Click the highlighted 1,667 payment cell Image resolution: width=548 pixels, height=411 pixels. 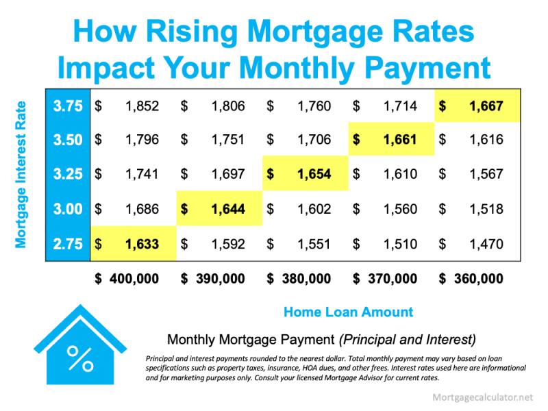pos(477,105)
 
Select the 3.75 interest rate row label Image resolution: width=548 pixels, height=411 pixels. pos(68,106)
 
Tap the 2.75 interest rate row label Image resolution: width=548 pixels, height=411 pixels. pos(68,244)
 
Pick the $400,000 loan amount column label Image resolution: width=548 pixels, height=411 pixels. pos(127,279)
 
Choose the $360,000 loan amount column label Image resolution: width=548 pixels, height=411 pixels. pos(471,279)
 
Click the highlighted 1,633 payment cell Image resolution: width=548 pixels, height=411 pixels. pos(134,244)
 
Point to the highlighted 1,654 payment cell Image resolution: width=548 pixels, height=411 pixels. pos(306,173)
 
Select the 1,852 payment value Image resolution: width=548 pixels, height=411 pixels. pos(142,106)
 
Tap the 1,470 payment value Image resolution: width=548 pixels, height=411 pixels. pos(486,244)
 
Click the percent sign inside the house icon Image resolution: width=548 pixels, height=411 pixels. pos(80,358)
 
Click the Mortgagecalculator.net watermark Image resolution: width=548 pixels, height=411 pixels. pos(483,397)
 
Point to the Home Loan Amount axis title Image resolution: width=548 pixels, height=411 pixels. pos(349,312)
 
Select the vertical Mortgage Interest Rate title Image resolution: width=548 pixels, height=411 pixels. pos(21,175)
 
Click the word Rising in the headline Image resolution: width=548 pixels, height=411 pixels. pos(192,32)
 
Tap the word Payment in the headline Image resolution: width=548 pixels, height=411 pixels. pos(427,68)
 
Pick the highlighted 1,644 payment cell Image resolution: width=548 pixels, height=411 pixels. pos(219,209)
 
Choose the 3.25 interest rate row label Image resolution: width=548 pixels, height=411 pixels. pos(68,174)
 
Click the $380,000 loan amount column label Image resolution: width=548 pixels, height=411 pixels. pos(299,279)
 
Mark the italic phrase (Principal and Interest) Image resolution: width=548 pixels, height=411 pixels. pos(408,340)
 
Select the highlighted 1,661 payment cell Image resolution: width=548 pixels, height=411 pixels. pos(391,140)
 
